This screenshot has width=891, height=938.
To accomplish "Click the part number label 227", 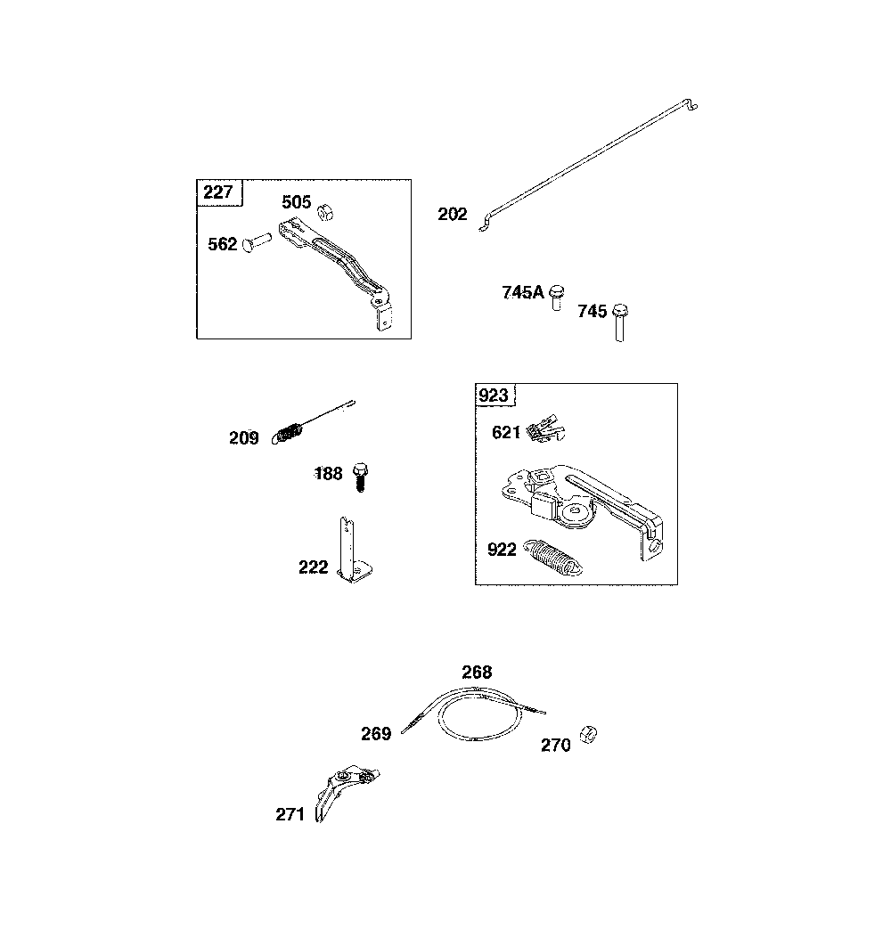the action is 217,192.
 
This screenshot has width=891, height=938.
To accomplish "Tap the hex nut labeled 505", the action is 324,212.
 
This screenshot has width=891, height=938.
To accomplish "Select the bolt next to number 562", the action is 257,241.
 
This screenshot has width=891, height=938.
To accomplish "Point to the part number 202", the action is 453,214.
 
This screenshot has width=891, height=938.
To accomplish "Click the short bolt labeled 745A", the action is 557,298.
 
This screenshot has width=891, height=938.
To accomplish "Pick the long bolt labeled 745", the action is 620,322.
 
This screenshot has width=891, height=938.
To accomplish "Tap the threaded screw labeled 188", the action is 360,477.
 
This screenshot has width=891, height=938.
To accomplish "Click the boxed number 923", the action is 494,396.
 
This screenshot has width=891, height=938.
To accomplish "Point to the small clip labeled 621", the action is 545,429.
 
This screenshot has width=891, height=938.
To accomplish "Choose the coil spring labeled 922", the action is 552,558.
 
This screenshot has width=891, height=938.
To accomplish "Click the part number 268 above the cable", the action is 477,673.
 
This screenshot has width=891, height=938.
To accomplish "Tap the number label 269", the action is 376,733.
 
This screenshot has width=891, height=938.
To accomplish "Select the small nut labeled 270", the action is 588,734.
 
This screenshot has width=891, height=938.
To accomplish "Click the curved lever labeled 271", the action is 343,792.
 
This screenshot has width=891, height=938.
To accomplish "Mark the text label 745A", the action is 523,292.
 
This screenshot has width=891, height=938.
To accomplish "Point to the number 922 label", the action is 502,549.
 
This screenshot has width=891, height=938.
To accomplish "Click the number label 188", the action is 329,474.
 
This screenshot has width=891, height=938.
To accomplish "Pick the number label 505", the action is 296,202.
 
